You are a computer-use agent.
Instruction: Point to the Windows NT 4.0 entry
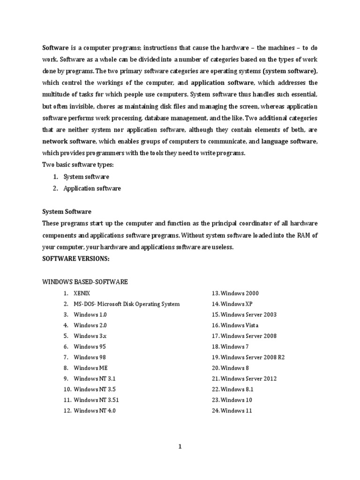(x=94, y=411)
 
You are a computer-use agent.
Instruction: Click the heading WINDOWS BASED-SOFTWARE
(x=85, y=282)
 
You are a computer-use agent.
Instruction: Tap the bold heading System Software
(x=67, y=212)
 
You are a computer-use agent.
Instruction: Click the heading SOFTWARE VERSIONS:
(x=75, y=258)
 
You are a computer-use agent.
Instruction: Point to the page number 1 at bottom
(x=180, y=447)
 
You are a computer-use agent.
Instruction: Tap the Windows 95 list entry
(x=90, y=347)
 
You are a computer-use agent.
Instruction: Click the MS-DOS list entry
(x=126, y=304)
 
